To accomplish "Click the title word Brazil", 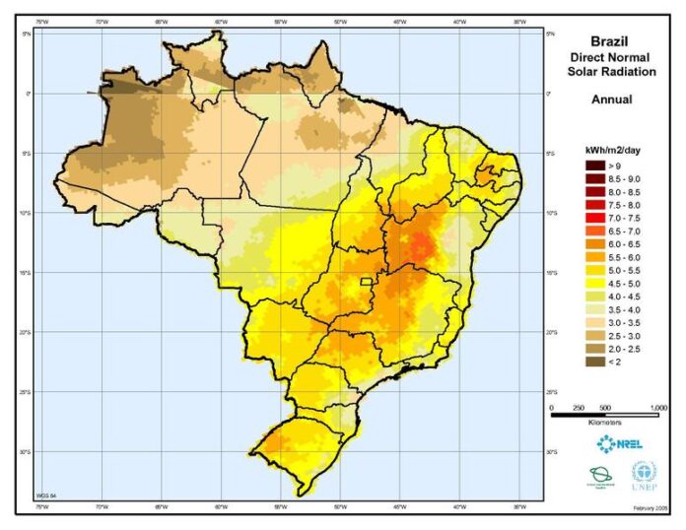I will [x=611, y=41].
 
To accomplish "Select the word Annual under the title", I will [x=611, y=99].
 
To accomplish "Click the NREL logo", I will [x=619, y=443].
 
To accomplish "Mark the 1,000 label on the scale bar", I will [x=659, y=407].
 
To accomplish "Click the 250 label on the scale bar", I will [x=579, y=407].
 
